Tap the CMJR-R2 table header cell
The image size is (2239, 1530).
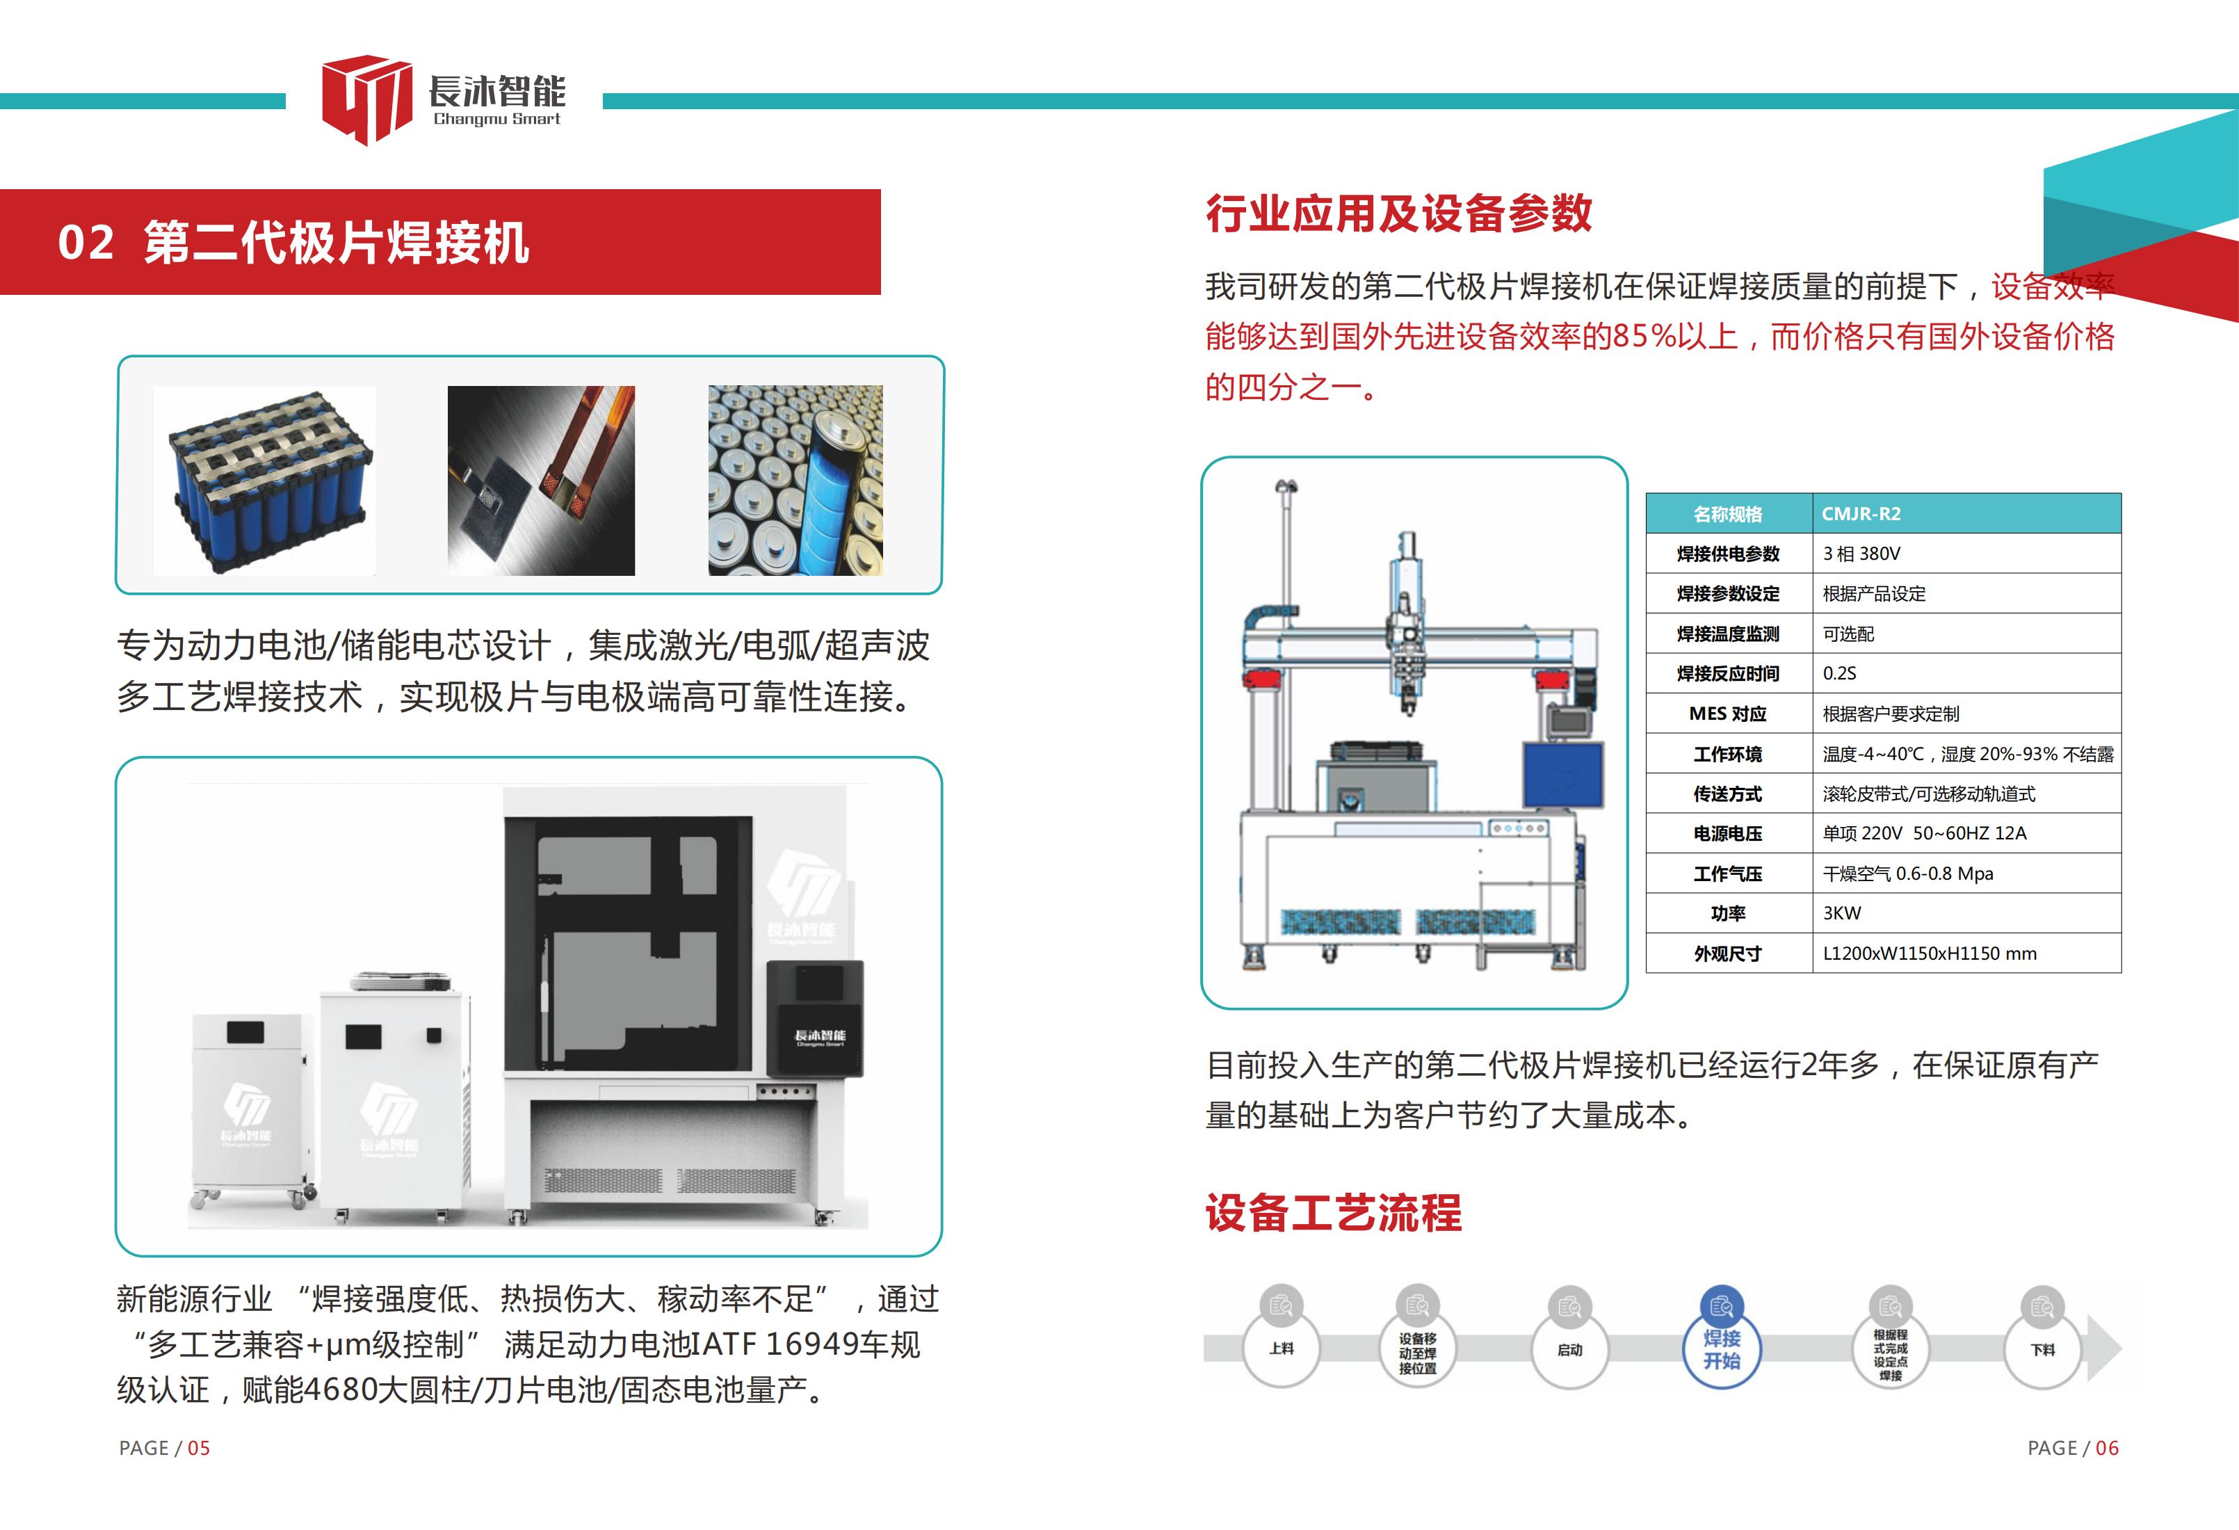[1966, 513]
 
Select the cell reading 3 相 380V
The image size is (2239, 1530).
[1966, 553]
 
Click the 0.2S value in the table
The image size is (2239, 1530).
[1966, 673]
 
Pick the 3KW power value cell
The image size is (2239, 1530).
[1966, 912]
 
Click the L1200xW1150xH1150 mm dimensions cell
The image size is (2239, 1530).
[1966, 953]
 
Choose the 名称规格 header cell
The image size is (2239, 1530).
[1729, 513]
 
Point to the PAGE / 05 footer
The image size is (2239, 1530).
[164, 1448]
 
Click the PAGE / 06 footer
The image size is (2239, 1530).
[2074, 1448]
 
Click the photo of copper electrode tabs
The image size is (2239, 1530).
[542, 481]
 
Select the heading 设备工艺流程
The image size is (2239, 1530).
[1334, 1213]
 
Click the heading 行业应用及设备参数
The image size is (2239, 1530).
[1399, 213]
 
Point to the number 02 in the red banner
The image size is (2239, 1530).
[86, 243]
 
